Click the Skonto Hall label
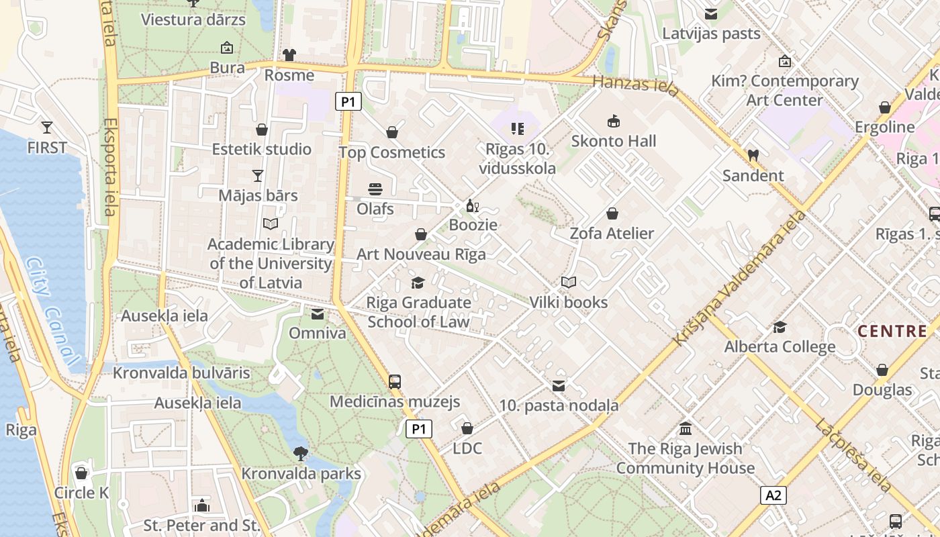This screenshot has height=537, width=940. [x=614, y=141]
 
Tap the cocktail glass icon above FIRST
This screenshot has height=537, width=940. [x=47, y=127]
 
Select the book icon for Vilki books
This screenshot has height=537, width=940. [x=569, y=283]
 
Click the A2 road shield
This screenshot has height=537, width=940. [x=773, y=495]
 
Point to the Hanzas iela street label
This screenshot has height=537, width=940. [x=637, y=85]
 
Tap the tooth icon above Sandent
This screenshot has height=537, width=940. [x=753, y=155]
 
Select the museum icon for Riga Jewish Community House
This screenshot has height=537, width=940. [x=686, y=428]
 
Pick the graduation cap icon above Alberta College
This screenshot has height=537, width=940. [x=780, y=327]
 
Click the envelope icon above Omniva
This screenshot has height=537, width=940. [x=318, y=313]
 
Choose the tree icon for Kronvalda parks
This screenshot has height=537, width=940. [x=301, y=454]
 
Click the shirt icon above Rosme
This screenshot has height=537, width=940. [x=289, y=55]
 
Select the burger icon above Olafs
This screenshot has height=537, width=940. [x=375, y=189]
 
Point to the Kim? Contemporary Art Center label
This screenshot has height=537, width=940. [x=785, y=91]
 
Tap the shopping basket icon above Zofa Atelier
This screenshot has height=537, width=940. [x=612, y=213]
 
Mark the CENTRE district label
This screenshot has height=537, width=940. [x=892, y=331]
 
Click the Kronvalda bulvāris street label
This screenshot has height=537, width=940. [x=181, y=373]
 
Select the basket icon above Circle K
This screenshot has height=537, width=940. [x=81, y=473]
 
